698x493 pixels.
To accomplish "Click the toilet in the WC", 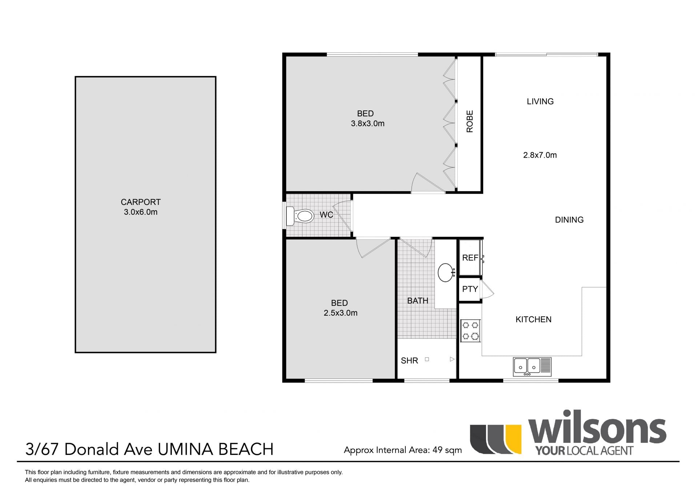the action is point(300,216).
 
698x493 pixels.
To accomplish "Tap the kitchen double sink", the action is point(532,367).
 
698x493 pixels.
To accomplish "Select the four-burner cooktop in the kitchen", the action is point(470,331).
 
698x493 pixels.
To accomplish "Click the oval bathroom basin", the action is point(446,272).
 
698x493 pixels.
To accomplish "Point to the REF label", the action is point(470,258).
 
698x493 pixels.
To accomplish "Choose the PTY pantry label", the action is point(470,289).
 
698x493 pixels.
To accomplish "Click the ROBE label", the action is point(470,121).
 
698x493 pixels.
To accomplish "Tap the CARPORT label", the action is point(141,202).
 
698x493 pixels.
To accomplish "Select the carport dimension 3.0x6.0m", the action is point(141,212).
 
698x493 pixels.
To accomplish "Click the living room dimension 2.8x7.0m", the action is point(540,155).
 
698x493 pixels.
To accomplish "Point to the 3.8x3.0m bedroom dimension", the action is point(368,124).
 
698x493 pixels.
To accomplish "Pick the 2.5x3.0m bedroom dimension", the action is point(341,313).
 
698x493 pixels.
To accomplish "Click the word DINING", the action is point(569,220).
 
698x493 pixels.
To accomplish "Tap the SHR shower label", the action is point(409,361).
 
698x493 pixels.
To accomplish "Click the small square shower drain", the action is point(427,359).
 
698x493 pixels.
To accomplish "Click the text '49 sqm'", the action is point(447,450).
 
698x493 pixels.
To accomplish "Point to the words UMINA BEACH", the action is point(216,449).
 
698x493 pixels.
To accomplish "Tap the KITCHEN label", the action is point(533,319).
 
